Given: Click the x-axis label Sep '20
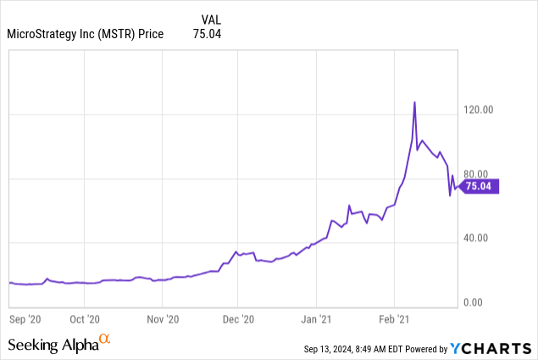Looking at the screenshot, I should (x=24, y=319).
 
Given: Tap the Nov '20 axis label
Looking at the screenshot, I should (x=163, y=319).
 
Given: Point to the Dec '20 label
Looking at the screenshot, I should (x=238, y=319).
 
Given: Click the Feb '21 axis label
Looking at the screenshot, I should (x=394, y=319).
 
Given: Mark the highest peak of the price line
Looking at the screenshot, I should (x=414, y=102).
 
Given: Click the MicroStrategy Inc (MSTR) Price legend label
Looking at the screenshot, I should (x=84, y=35).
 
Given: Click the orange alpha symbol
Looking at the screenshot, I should (x=105, y=340).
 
